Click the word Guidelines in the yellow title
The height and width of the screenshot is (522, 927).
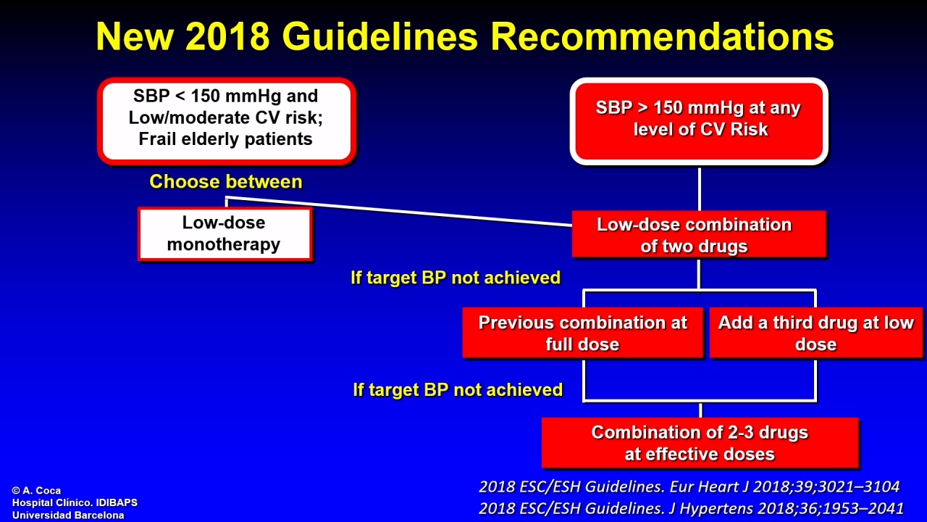tap(380, 36)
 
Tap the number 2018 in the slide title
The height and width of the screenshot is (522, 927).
tap(227, 36)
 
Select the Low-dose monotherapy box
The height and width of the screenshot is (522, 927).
tap(225, 234)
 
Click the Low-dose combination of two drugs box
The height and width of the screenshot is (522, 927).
tap(699, 234)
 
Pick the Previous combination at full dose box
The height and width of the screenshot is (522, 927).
tap(583, 333)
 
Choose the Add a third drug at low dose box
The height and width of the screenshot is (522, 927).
tap(816, 333)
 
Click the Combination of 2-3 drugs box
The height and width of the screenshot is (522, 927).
tap(700, 443)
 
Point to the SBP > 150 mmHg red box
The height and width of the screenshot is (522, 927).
tap(699, 121)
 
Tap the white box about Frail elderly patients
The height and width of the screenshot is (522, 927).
tap(227, 121)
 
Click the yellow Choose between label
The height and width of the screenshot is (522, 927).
tap(226, 181)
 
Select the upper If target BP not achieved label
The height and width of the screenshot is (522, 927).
tap(456, 278)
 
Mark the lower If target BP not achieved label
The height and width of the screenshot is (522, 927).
tap(457, 390)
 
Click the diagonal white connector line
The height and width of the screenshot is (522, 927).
tap(399, 211)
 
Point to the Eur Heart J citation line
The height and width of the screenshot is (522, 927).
tap(689, 486)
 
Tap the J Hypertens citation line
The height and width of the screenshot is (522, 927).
tap(691, 508)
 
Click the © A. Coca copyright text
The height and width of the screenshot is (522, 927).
tap(36, 491)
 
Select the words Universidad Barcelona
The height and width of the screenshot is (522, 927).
tap(68, 515)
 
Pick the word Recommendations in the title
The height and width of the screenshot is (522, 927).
tap(662, 36)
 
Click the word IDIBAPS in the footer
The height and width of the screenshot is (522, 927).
tap(117, 502)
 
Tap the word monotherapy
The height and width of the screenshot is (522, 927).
tap(224, 244)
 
